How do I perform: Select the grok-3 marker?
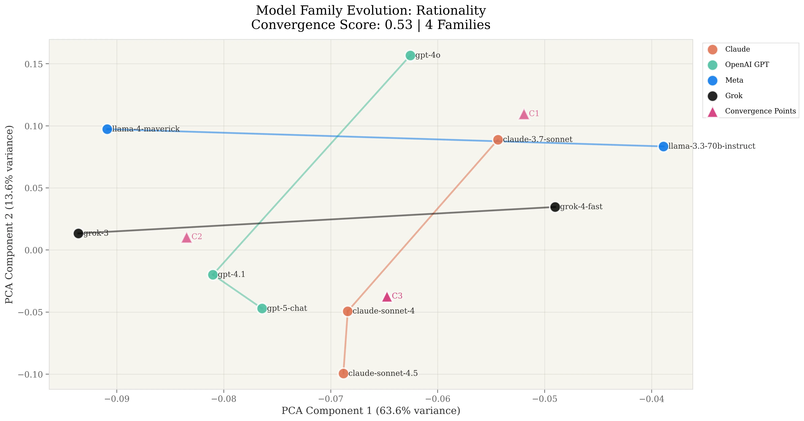tap(78, 233)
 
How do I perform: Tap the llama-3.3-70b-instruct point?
tap(663, 146)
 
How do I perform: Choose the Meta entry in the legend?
tap(734, 80)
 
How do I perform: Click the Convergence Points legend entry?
tap(760, 111)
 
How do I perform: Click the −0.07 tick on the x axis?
tap(330, 399)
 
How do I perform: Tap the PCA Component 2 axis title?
tap(9, 214)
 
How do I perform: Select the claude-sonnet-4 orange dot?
tap(348, 311)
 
